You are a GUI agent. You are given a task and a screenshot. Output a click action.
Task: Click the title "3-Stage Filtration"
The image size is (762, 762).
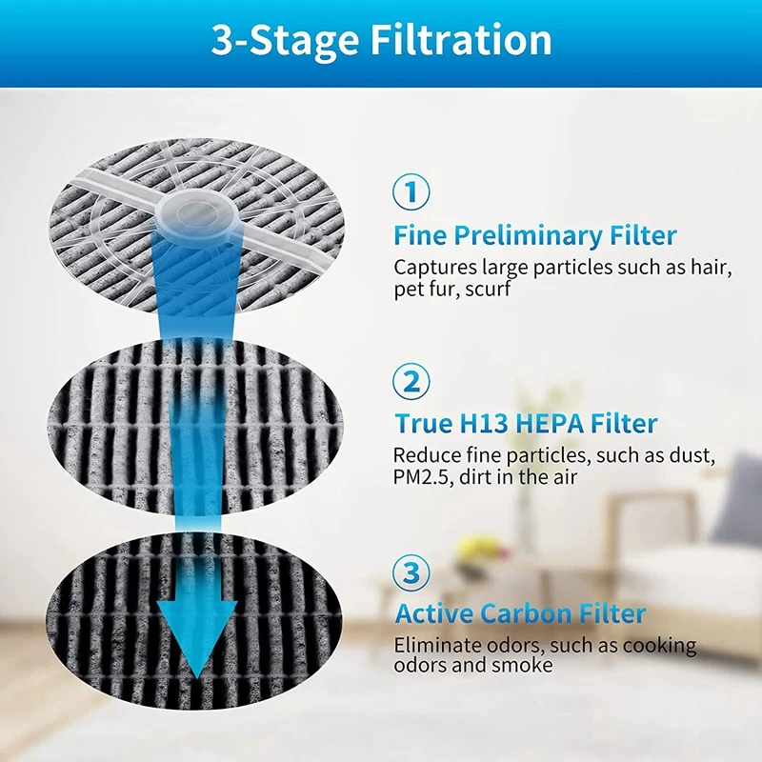click(x=381, y=40)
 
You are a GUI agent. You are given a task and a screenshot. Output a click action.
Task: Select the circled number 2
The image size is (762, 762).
click(x=411, y=382)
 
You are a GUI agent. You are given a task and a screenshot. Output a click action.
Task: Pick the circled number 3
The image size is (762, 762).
click(x=411, y=573)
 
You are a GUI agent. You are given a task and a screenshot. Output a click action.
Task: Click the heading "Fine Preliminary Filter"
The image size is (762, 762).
click(x=535, y=236)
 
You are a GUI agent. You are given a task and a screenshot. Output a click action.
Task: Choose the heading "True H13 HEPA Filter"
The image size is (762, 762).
click(x=526, y=424)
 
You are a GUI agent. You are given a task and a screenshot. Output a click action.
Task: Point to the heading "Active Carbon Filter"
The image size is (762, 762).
click(x=520, y=613)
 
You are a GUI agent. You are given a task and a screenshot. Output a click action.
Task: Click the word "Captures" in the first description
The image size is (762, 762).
click(x=431, y=268)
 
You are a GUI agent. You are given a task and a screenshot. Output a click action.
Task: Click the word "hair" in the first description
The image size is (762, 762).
click(x=710, y=268)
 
